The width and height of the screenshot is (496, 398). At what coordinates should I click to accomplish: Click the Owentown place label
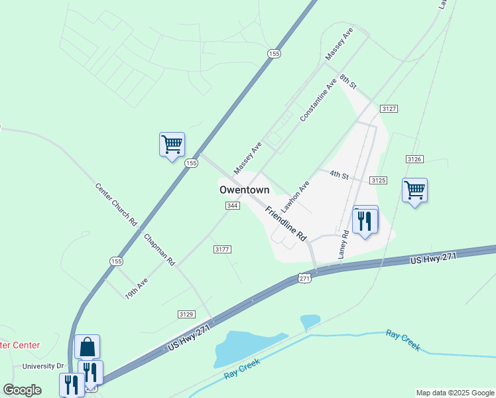coord(244,190)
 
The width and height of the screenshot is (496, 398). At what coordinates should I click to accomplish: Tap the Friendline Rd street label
coord(286,223)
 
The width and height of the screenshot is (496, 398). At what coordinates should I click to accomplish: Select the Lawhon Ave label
coord(295,197)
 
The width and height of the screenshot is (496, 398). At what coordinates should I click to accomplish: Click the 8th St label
coord(348,83)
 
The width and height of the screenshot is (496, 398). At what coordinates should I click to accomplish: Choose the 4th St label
coord(339,175)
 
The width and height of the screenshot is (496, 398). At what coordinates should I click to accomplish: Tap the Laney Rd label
coord(343,244)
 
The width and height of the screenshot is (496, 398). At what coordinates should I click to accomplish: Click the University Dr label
coord(42,366)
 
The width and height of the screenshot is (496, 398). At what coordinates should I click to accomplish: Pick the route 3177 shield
coord(222,249)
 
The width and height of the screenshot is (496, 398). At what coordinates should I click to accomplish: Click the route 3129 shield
coord(186,313)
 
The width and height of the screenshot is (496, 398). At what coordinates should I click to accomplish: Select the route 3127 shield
coord(389,108)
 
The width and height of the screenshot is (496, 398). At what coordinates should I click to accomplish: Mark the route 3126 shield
coord(414,159)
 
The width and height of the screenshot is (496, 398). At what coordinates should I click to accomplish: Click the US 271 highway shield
coord(304,279)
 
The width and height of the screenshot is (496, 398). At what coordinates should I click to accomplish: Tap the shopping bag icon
coord(87,346)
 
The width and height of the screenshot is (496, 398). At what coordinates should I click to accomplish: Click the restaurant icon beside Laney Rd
coord(365,220)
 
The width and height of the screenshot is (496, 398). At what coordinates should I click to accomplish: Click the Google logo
coord(22,390)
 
